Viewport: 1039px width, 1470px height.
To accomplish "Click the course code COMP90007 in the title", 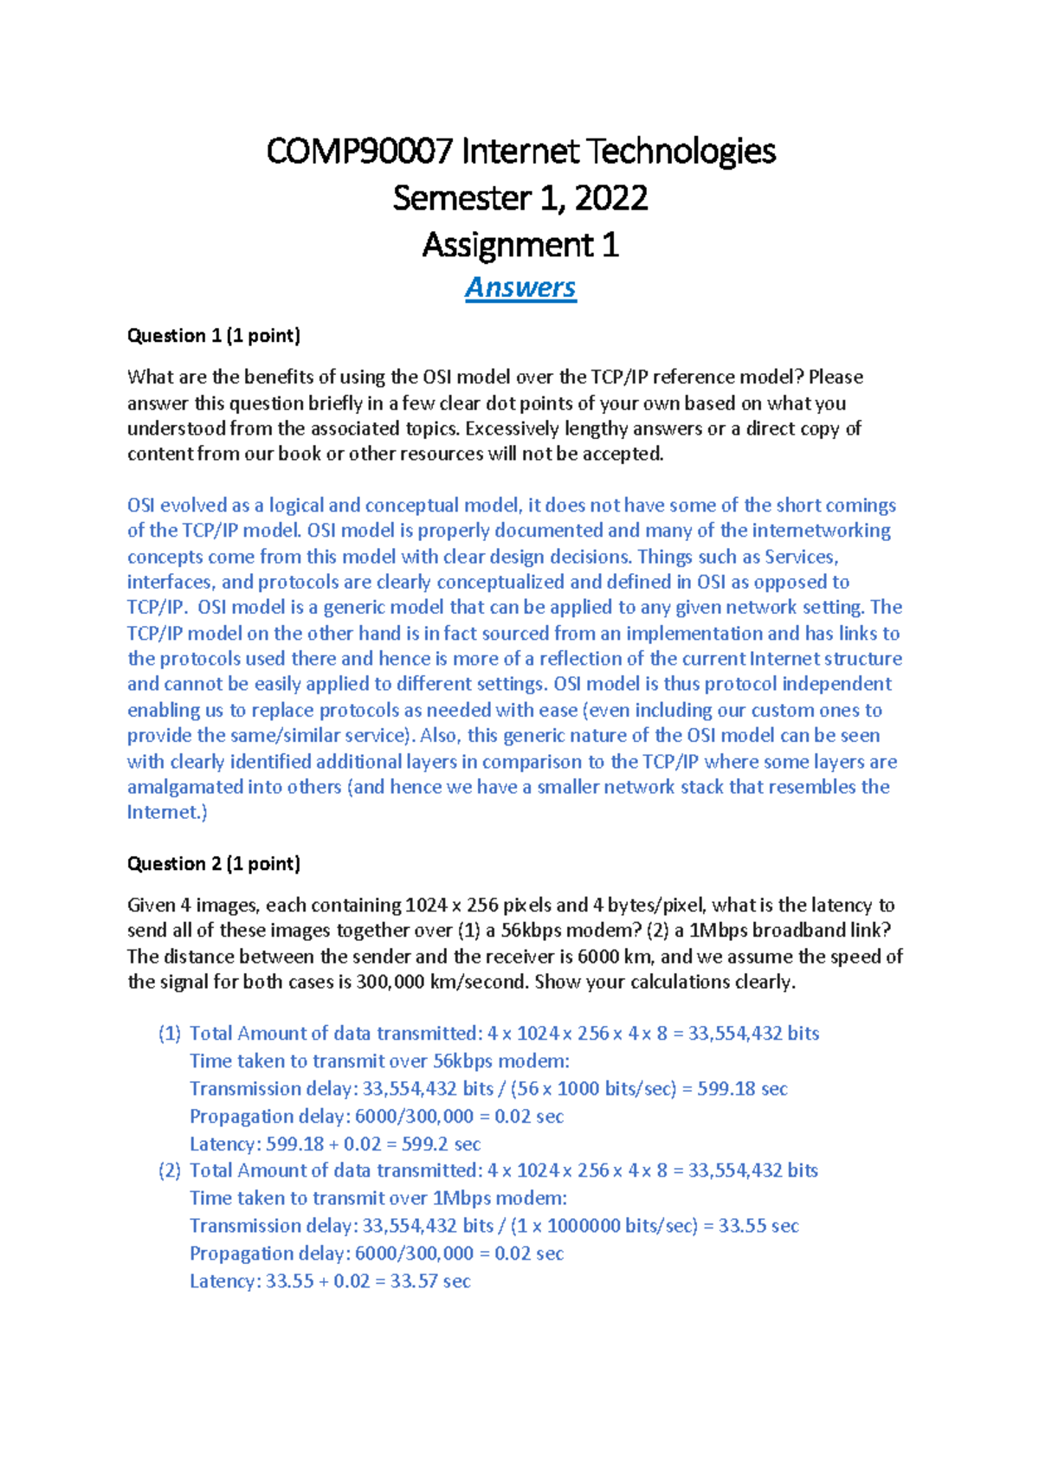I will [358, 152].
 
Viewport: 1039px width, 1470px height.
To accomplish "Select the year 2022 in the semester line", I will [610, 198].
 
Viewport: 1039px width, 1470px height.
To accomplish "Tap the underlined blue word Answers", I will [520, 287].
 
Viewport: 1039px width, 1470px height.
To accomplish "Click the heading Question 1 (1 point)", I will [213, 336].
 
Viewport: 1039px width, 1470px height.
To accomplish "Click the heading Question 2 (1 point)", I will [213, 864].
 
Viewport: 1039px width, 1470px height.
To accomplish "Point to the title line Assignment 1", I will [520, 245].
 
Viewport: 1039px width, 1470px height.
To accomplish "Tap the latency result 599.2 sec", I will [441, 1144].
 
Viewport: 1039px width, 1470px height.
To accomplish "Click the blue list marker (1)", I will [170, 1034].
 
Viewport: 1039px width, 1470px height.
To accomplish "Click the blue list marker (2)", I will [170, 1170].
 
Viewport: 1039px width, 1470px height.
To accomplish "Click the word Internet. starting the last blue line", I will [167, 812].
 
